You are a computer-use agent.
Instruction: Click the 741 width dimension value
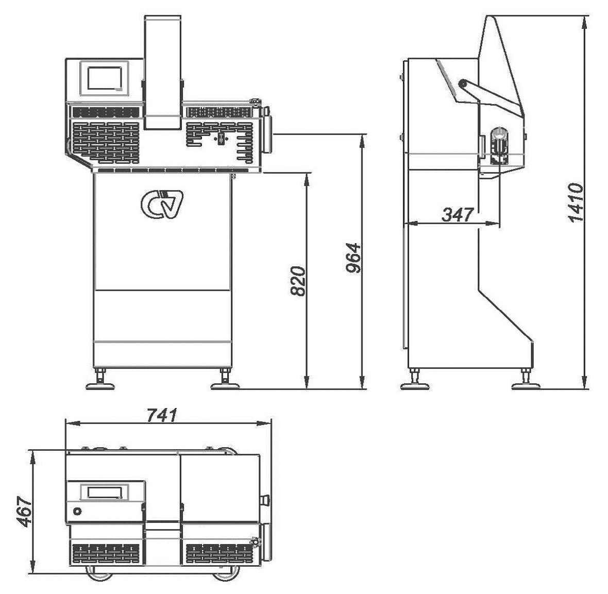[162, 415]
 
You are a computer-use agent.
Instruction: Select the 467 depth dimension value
[25, 512]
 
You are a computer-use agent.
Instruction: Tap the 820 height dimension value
[298, 281]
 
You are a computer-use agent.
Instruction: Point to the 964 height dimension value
[353, 258]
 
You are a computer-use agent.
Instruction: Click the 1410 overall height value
[576, 203]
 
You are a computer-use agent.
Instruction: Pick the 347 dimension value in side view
[458, 214]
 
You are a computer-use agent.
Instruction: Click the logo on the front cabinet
[162, 204]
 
